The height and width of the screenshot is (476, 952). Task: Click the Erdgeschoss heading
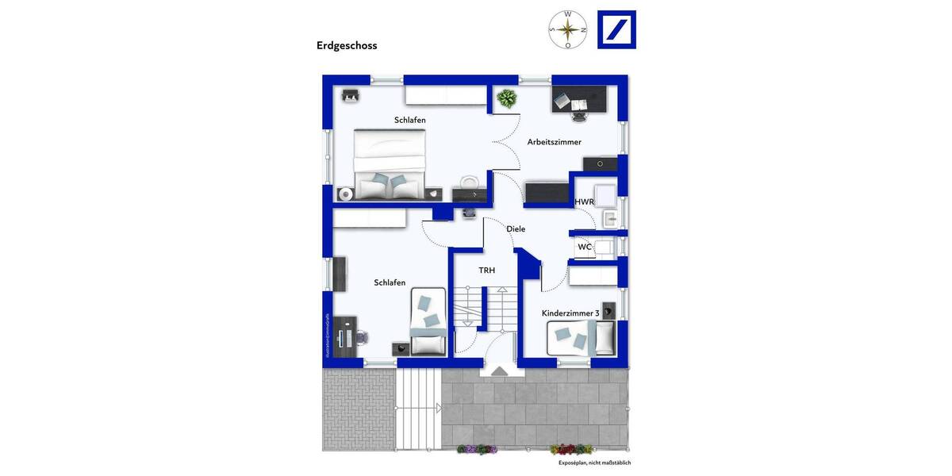[347, 46]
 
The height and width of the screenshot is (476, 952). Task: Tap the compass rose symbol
[568, 29]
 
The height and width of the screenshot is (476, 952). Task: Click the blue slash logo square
[616, 30]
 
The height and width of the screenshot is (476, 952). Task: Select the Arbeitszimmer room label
[555, 142]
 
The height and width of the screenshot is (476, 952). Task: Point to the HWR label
[585, 202]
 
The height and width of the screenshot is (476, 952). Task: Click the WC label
[584, 247]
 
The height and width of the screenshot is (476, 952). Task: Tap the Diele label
[516, 228]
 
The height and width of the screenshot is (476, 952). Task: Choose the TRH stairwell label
[486, 271]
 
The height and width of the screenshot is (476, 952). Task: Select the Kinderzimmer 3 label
[570, 313]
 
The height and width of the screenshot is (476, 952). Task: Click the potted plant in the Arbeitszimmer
[505, 99]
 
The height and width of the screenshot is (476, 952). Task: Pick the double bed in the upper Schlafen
[390, 164]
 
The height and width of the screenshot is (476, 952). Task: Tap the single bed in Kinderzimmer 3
[582, 339]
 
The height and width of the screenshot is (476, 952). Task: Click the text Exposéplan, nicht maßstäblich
[594, 463]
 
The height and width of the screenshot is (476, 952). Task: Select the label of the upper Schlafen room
[410, 120]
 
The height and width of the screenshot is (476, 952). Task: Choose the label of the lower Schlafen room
[390, 282]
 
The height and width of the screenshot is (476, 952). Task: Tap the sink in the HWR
[611, 218]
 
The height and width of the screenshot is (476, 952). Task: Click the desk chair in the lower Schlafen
[362, 336]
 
